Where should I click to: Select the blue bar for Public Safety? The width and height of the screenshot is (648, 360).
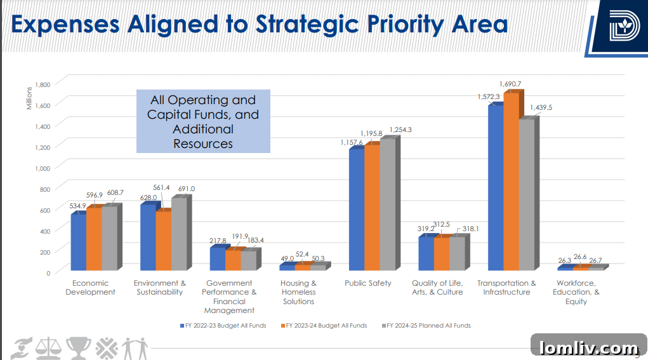pyautogui.click(x=356, y=210)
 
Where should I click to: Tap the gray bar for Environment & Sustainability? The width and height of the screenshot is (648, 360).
pyautogui.click(x=179, y=235)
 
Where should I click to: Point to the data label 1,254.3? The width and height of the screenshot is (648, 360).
pyautogui.click(x=400, y=130)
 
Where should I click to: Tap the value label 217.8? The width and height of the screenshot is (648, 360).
pyautogui.click(x=217, y=241)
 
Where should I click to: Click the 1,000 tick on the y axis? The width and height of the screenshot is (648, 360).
pyautogui.click(x=42, y=168)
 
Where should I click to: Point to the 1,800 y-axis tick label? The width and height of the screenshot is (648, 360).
pyautogui.click(x=42, y=84)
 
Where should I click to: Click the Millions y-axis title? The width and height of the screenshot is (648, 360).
pyautogui.click(x=29, y=96)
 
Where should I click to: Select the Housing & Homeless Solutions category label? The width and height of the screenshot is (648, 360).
pyautogui.click(x=298, y=292)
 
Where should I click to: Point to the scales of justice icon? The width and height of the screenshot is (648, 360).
pyautogui.click(x=46, y=347)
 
